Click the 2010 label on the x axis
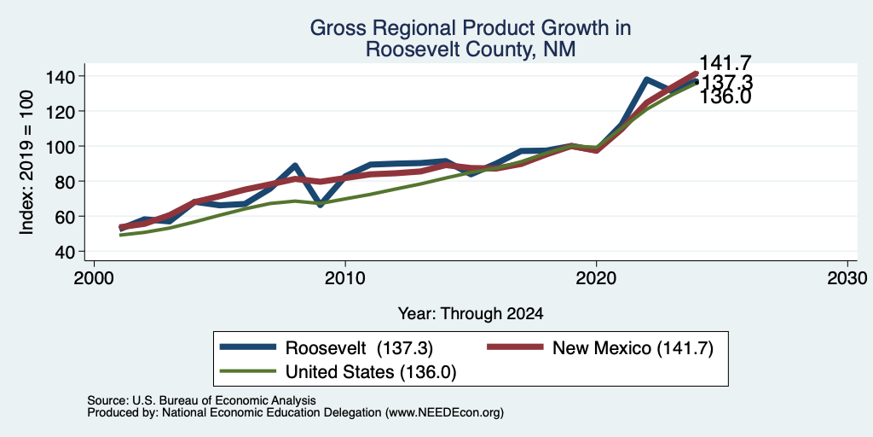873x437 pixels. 345,277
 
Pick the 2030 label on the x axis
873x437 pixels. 847,277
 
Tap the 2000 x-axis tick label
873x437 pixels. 94,277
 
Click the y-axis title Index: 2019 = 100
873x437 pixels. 26,162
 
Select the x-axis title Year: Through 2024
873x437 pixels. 471,314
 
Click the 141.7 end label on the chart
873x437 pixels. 726,63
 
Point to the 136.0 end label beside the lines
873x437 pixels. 725,97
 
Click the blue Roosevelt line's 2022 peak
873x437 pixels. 646,79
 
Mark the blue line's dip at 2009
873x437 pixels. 321,205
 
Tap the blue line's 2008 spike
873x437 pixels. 295,166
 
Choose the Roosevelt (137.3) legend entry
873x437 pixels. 327,348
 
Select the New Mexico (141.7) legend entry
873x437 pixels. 600,348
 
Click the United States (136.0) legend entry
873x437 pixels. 338,372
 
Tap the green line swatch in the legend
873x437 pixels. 248,371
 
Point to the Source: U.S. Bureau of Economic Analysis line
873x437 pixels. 201,400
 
